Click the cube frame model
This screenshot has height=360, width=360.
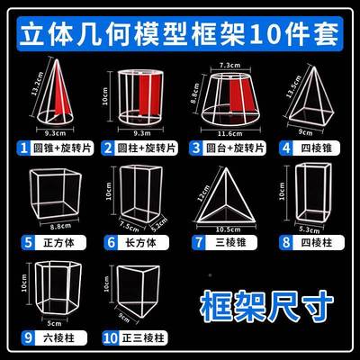(x=56, y=192)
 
